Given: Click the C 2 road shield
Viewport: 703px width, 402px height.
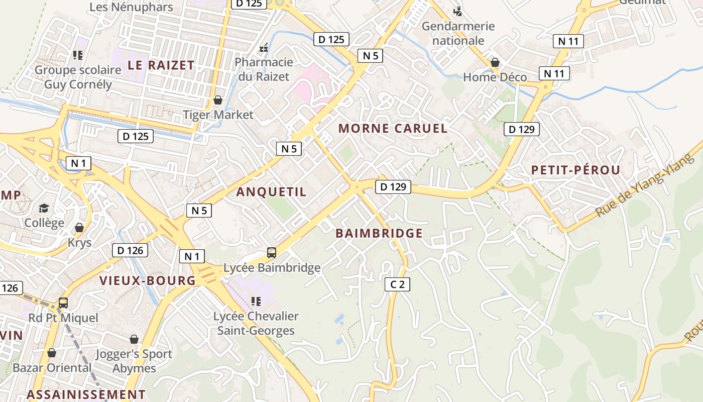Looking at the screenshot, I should (397, 284).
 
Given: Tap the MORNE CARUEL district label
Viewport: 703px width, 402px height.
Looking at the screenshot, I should (393, 128).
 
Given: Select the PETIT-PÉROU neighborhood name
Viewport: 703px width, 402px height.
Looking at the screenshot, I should (576, 170).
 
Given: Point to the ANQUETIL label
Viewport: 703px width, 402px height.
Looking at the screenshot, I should (271, 192).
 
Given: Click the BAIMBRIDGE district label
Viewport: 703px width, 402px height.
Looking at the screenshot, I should (379, 233).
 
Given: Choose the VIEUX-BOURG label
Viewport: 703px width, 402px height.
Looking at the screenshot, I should (148, 280).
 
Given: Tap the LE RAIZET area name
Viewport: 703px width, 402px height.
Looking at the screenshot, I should (161, 65).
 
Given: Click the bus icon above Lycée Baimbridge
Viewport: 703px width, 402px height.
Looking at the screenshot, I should (272, 253).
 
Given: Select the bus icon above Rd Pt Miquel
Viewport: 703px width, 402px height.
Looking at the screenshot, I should (63, 303).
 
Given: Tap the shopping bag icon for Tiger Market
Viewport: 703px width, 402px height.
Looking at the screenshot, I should (218, 100).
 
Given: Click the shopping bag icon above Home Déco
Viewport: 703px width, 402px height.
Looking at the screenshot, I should (495, 62).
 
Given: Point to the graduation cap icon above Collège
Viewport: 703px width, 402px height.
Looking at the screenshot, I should (44, 208).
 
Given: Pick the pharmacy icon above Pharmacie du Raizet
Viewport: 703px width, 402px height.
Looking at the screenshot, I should (264, 48).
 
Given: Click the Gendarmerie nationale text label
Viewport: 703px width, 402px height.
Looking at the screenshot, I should (458, 33).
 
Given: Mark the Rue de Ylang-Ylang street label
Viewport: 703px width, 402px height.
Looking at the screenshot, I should (646, 186).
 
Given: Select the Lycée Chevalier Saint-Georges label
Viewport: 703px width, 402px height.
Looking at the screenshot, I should (256, 323).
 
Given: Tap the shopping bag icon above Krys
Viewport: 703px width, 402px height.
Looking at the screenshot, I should (79, 228).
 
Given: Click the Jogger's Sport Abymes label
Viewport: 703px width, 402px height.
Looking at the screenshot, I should (134, 361).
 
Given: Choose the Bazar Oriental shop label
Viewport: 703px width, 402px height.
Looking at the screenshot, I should (52, 367).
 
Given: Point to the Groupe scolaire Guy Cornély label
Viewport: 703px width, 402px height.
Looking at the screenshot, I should (78, 77).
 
